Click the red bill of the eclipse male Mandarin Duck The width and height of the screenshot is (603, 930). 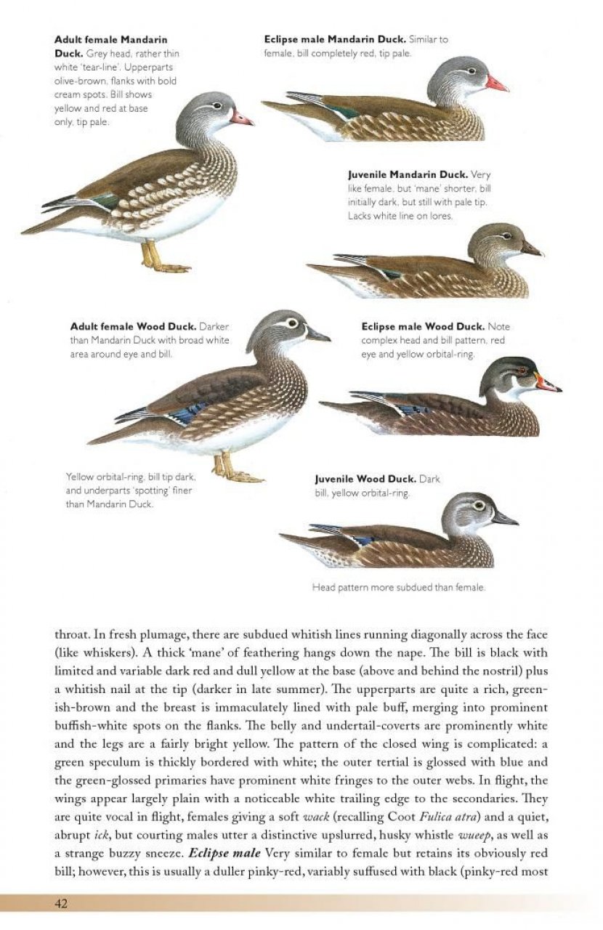(496, 84)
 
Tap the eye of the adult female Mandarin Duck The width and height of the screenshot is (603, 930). (216, 106)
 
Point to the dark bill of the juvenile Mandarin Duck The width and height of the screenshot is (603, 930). (531, 249)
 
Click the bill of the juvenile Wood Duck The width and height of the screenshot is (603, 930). (503, 518)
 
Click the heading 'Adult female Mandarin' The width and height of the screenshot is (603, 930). (110, 39)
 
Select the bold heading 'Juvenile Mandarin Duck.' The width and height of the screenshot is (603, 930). (408, 175)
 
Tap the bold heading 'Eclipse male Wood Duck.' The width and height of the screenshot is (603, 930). (423, 327)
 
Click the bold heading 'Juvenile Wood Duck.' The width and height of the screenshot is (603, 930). (365, 480)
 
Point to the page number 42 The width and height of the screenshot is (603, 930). (61, 903)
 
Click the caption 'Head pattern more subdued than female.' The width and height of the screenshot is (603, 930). (398, 587)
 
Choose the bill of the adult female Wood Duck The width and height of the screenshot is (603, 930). (317, 335)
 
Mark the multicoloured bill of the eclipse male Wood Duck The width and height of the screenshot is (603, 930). (546, 384)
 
